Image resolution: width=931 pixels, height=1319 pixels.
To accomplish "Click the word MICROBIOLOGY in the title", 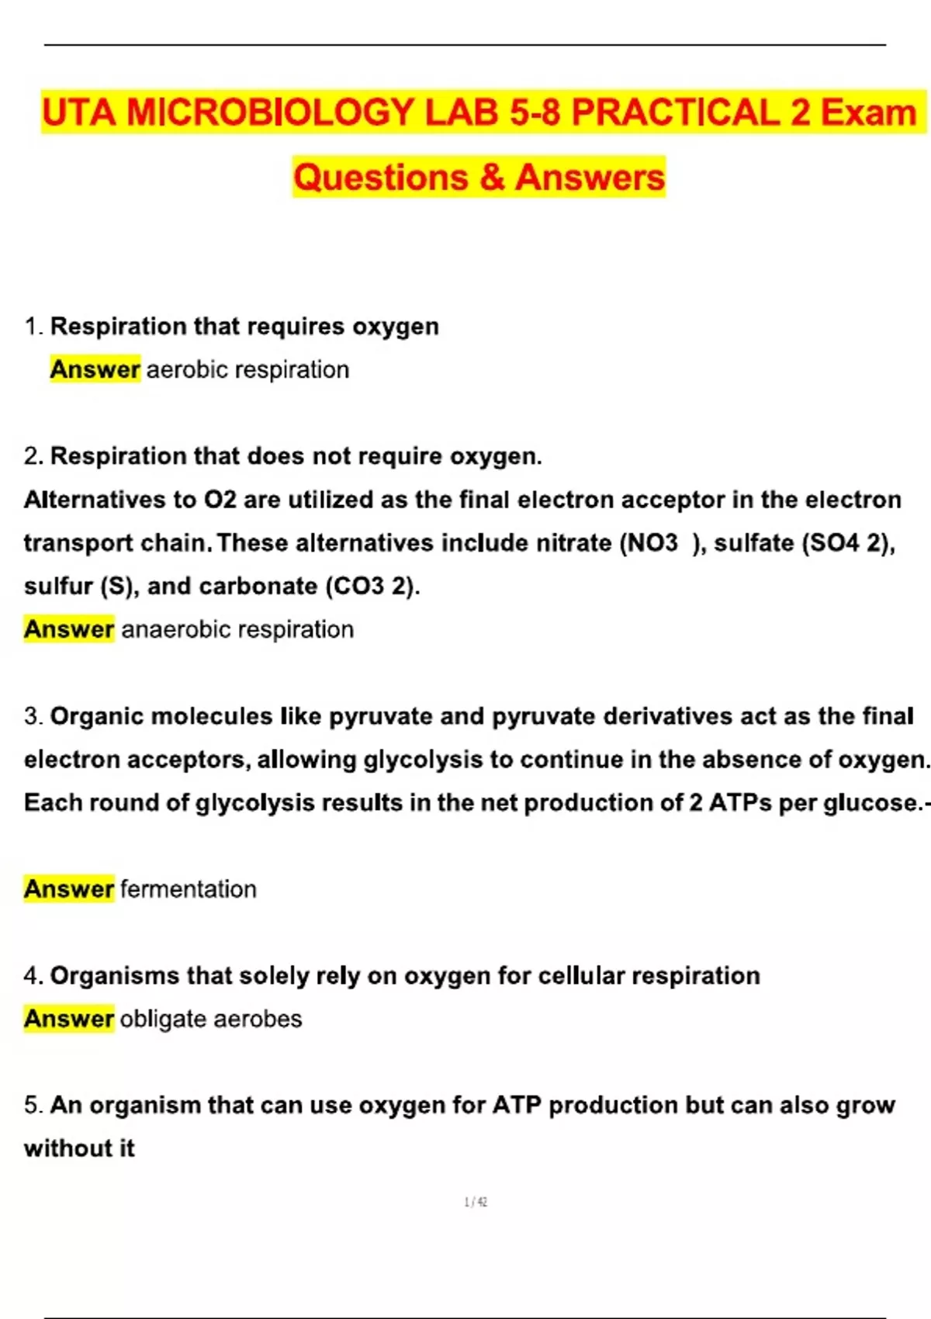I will tap(269, 113).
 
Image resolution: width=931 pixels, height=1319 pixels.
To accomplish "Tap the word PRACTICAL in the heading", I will tap(675, 113).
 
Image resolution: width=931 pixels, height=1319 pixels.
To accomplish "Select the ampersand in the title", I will tap(492, 178).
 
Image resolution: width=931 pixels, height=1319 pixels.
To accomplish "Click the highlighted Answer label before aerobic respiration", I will tap(95, 369).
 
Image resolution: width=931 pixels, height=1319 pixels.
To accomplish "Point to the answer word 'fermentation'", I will tap(189, 889).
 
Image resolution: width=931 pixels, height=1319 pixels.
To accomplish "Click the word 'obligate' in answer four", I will tap(163, 1019).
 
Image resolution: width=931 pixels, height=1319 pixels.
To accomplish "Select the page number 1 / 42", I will tap(476, 1202).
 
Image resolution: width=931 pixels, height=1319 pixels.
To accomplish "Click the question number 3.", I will tap(32, 716).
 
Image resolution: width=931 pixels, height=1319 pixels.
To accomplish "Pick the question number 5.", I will tap(32, 1106).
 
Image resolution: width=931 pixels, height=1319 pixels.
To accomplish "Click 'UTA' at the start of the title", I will tap(79, 113).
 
